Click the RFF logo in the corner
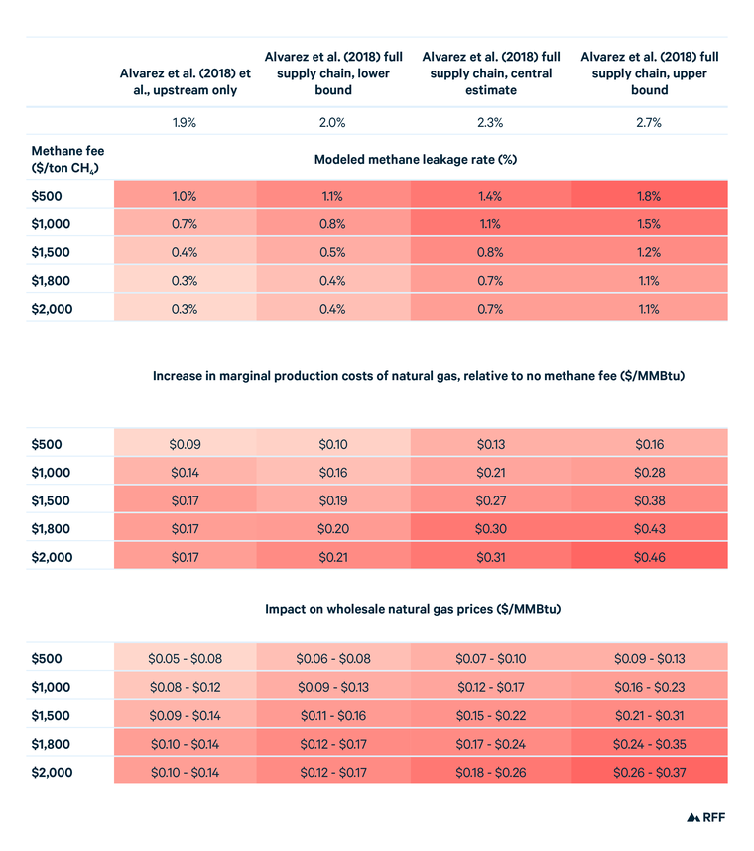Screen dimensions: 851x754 click(707, 818)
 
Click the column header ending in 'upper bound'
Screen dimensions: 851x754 click(650, 73)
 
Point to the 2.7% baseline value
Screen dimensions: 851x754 click(650, 123)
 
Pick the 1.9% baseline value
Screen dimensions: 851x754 click(185, 123)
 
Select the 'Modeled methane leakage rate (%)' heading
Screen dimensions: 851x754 click(417, 159)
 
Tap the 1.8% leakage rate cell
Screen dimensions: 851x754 click(650, 196)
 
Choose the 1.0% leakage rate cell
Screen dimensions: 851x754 click(185, 196)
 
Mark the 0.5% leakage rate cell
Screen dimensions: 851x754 click(332, 252)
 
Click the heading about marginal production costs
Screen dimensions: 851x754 click(417, 376)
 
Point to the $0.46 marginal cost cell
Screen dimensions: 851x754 click(650, 558)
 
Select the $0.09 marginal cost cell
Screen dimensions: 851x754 click(185, 444)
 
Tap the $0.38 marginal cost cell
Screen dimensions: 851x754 click(650, 501)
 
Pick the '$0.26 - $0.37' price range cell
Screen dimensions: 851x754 click(650, 771)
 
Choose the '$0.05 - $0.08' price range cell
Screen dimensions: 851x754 click(185, 658)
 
